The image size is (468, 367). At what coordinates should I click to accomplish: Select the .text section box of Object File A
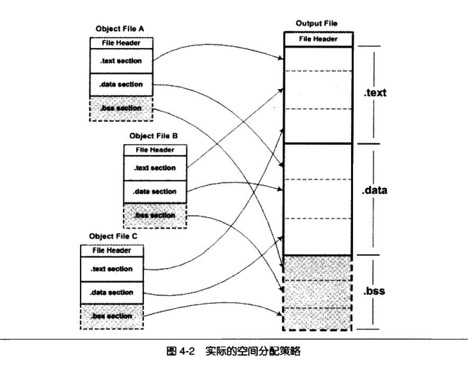click(122, 60)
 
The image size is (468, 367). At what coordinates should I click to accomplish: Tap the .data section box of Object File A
click(122, 84)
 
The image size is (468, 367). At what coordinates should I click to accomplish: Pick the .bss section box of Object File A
click(122, 108)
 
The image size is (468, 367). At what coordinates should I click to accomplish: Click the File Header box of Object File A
click(122, 43)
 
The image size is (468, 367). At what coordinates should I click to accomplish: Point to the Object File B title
click(154, 136)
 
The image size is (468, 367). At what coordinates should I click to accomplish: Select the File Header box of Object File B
click(155, 150)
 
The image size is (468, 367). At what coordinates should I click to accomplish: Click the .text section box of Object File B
click(155, 168)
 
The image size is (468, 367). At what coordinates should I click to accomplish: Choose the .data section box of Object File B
click(155, 191)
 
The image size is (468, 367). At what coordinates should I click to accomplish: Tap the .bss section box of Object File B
click(155, 215)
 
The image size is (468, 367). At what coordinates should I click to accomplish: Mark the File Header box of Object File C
click(111, 250)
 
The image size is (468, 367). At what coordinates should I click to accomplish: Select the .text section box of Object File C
click(111, 269)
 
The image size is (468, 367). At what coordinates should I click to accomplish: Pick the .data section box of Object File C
click(111, 292)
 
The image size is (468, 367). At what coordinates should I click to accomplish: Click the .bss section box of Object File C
click(111, 316)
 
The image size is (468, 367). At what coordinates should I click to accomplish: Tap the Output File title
click(317, 24)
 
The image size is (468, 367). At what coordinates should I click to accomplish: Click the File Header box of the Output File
click(318, 39)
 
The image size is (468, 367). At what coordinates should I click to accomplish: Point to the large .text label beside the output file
click(375, 93)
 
